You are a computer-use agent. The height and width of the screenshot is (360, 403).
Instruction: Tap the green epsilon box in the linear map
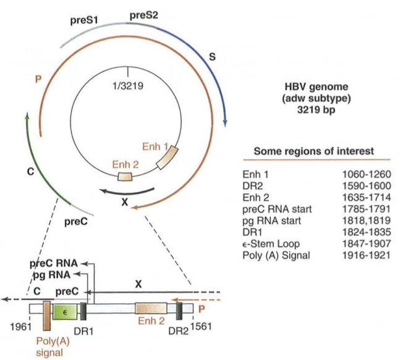point(64,311)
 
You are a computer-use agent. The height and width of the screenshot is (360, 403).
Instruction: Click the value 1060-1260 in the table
point(367,175)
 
